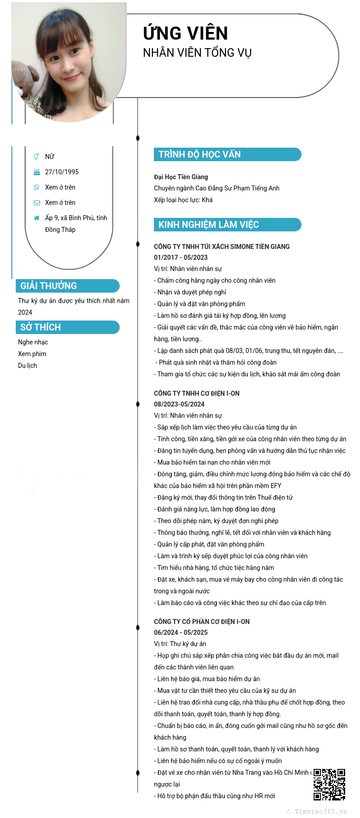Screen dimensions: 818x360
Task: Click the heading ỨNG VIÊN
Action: (x=185, y=33)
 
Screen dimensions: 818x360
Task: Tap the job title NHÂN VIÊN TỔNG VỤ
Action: (x=197, y=53)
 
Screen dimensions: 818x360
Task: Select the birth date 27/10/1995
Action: (x=62, y=172)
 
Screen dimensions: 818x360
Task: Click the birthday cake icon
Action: (x=37, y=172)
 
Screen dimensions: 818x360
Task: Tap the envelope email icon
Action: (x=37, y=203)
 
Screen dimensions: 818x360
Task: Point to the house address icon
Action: (x=37, y=218)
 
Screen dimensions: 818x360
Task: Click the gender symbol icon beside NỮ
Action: (x=36, y=157)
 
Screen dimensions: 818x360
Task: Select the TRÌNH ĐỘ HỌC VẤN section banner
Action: (x=227, y=154)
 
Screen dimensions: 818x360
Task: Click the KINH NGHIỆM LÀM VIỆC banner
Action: (x=227, y=225)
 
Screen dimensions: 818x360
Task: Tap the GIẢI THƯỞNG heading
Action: (x=67, y=286)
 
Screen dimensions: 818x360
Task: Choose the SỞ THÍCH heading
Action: (x=67, y=327)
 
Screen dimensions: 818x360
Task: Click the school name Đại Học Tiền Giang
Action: (x=181, y=177)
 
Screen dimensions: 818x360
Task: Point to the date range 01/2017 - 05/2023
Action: (x=181, y=258)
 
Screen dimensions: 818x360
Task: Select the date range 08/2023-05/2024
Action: (x=179, y=404)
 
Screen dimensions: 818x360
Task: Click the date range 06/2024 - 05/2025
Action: (x=181, y=633)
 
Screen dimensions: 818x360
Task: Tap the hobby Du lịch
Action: (x=27, y=366)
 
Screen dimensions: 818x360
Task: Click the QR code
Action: (x=329, y=785)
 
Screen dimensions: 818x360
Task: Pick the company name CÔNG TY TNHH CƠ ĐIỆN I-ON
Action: (x=197, y=393)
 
